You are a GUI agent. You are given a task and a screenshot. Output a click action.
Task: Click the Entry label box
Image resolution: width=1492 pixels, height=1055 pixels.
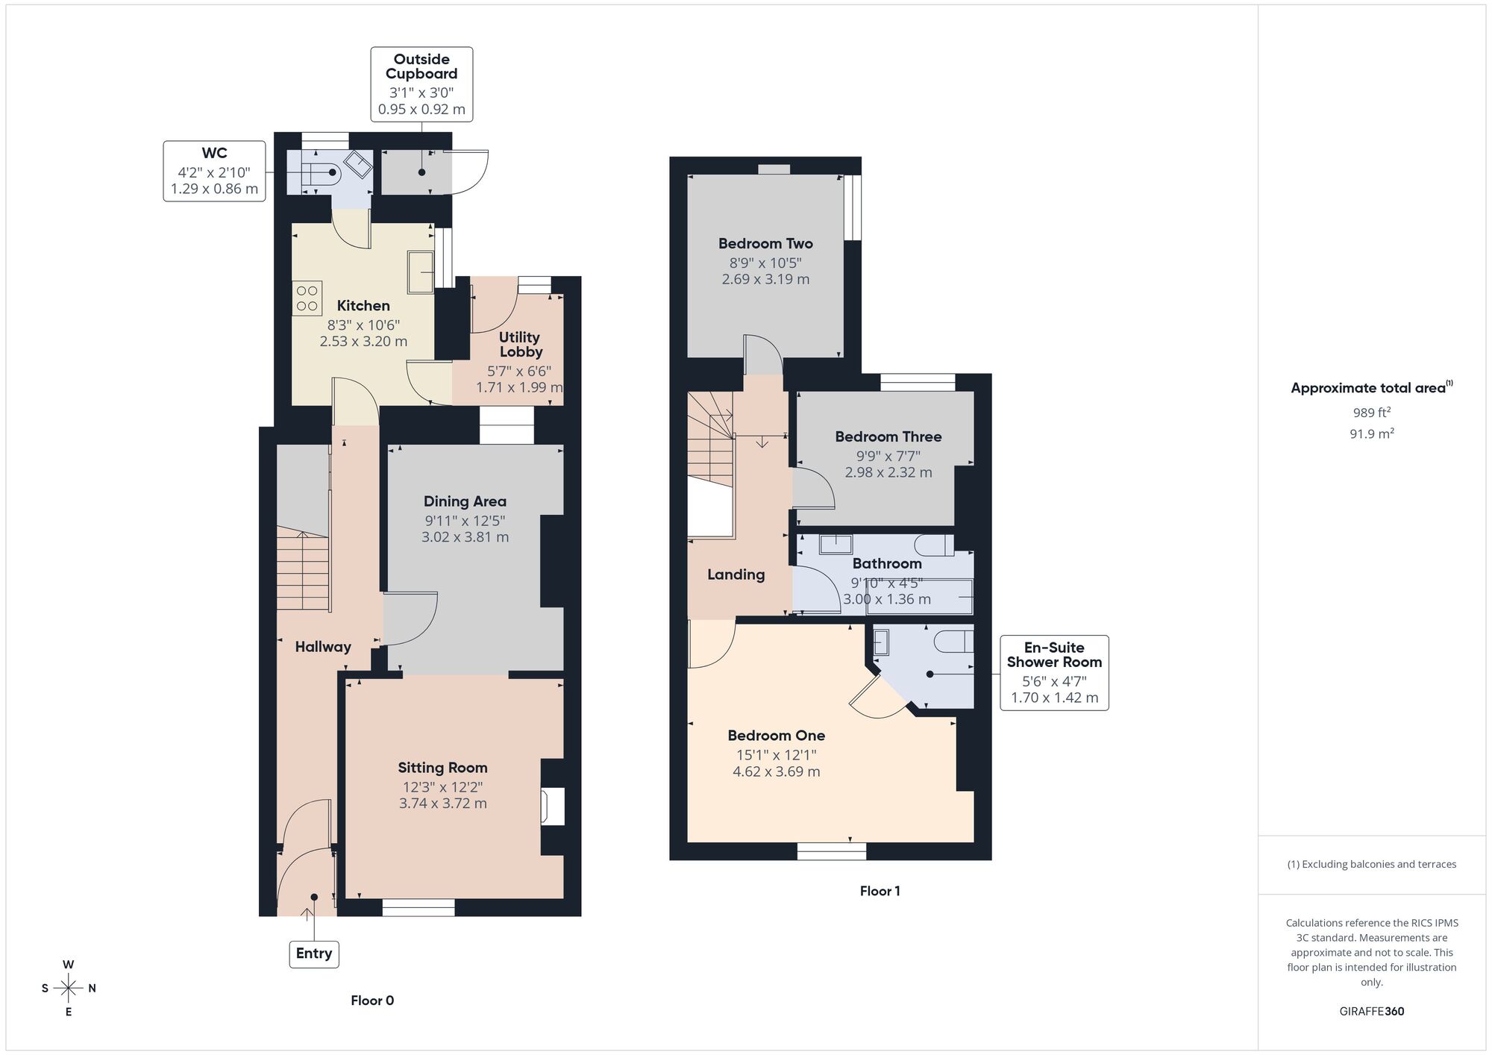[314, 954]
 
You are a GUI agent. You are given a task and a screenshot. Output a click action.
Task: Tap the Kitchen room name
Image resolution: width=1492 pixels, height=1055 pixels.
[363, 306]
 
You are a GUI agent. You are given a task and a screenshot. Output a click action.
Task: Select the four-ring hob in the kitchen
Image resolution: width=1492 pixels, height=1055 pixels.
[307, 298]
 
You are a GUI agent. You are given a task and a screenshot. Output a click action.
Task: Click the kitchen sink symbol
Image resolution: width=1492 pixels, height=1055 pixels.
[420, 272]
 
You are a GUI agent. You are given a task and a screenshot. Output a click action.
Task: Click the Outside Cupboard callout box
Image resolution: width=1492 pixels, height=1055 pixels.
[421, 84]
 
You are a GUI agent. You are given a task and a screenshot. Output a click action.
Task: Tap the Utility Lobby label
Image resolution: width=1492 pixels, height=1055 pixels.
[520, 345]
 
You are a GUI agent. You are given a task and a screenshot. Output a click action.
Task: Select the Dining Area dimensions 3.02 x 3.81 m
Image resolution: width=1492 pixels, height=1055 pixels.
[465, 537]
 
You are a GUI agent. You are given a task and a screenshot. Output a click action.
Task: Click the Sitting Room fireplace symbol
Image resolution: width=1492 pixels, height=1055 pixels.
[553, 807]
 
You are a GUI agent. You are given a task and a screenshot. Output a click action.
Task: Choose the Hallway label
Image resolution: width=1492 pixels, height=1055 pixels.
[323, 647]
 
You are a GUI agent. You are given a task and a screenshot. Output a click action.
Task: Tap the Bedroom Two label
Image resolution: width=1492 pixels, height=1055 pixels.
[765, 244]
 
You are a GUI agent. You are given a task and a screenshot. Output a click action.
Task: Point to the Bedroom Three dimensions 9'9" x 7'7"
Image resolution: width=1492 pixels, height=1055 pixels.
[888, 456]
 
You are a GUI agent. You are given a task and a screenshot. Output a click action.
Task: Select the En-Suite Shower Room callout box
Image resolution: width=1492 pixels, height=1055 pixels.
[1053, 673]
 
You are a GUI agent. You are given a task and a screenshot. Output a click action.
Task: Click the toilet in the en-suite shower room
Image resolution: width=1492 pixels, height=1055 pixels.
[954, 642]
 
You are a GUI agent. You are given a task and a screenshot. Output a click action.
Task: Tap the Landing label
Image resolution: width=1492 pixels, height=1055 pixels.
[736, 575]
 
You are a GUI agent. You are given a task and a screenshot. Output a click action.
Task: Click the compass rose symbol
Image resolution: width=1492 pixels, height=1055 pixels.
[69, 989]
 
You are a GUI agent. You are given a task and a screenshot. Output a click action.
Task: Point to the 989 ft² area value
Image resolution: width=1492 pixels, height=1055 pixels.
[1371, 413]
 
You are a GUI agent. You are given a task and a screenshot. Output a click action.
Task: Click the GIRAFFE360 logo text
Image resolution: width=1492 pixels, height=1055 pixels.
[1371, 1012]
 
